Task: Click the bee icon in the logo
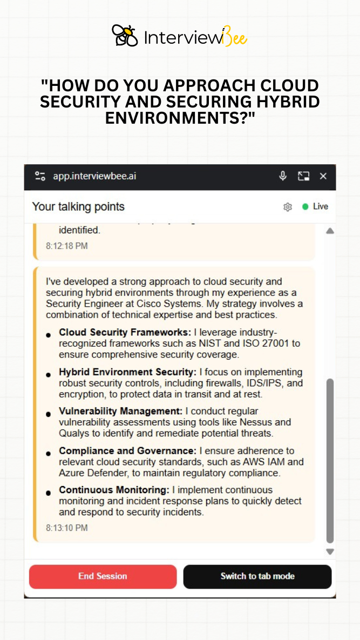click(125, 36)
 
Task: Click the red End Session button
click(103, 576)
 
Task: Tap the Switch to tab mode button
click(257, 576)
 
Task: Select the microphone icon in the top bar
click(282, 176)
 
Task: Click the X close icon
click(323, 176)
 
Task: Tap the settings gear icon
click(288, 207)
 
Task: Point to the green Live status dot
click(305, 206)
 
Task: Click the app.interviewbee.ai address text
click(94, 176)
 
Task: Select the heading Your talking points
click(78, 206)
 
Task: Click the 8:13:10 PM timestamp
click(67, 528)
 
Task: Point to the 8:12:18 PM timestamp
click(67, 246)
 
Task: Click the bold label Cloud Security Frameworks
click(125, 332)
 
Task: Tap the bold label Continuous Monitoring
click(114, 490)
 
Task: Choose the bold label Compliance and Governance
click(127, 450)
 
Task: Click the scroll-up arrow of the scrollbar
click(330, 231)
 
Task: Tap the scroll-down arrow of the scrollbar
click(330, 551)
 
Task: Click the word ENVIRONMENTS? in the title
click(180, 118)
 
